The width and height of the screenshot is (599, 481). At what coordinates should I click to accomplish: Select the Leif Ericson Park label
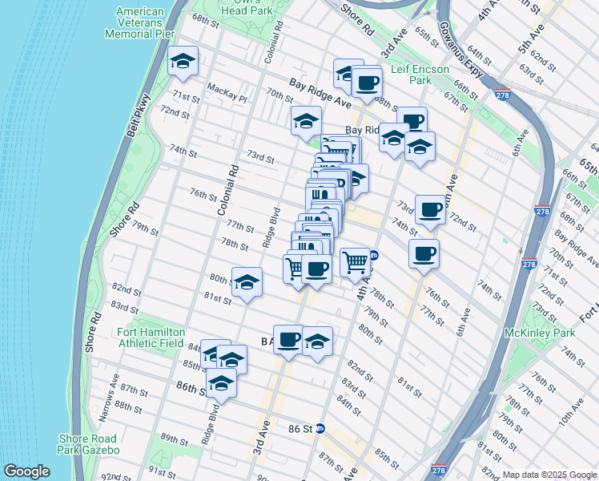click(x=422, y=75)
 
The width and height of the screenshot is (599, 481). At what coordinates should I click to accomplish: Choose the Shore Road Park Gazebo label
click(x=88, y=444)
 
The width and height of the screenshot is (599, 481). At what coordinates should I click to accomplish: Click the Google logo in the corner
click(x=26, y=471)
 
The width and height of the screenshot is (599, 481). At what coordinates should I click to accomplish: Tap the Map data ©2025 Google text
click(x=549, y=475)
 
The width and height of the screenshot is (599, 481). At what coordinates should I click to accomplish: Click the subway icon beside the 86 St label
click(x=320, y=429)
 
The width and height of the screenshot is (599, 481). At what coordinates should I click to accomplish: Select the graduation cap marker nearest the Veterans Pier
click(x=183, y=62)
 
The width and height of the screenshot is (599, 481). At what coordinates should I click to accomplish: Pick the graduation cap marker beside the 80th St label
click(x=247, y=282)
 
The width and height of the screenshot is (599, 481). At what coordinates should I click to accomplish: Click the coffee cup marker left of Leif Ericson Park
click(x=367, y=83)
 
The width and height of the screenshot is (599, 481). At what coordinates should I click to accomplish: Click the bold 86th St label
click(x=195, y=386)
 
